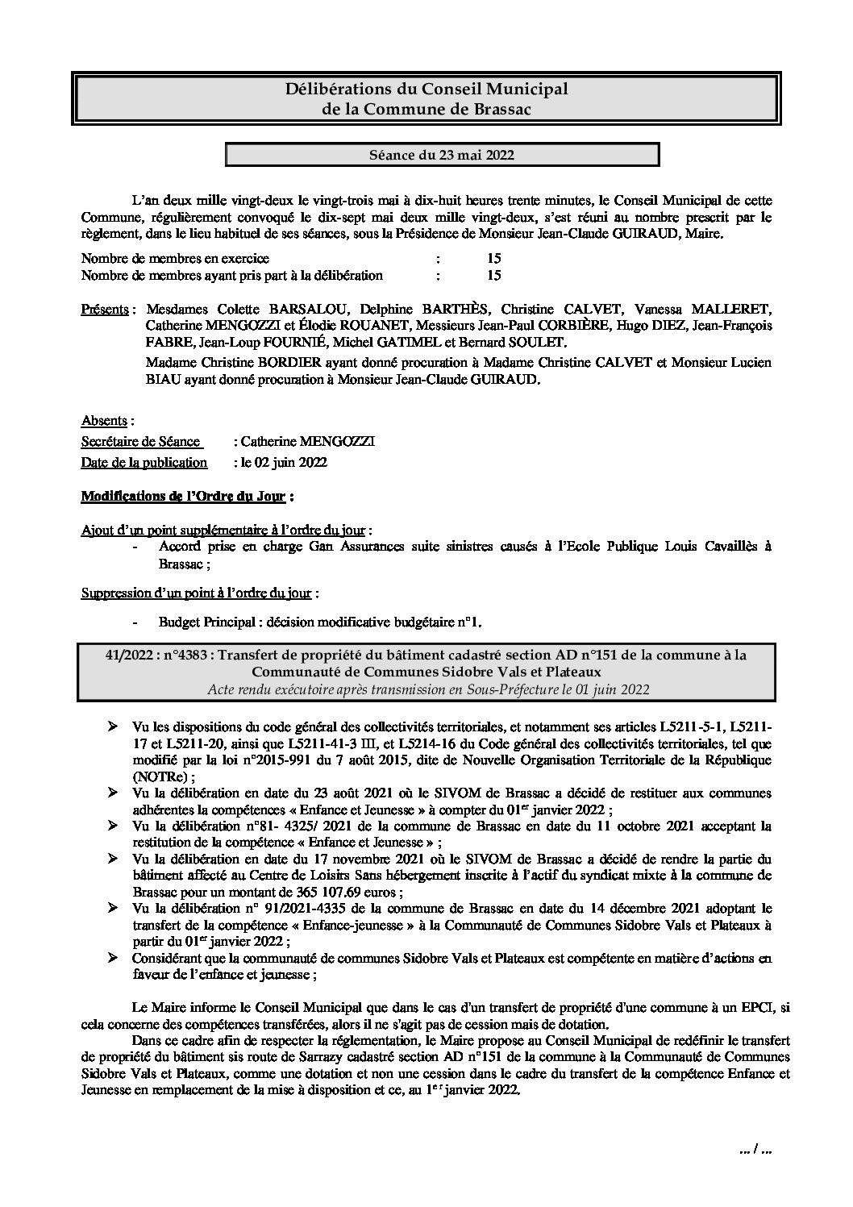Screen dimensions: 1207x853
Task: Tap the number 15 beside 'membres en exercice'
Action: coord(494,258)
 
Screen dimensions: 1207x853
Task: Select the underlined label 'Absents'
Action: coord(105,420)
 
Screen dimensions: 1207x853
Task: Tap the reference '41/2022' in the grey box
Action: coord(129,655)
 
